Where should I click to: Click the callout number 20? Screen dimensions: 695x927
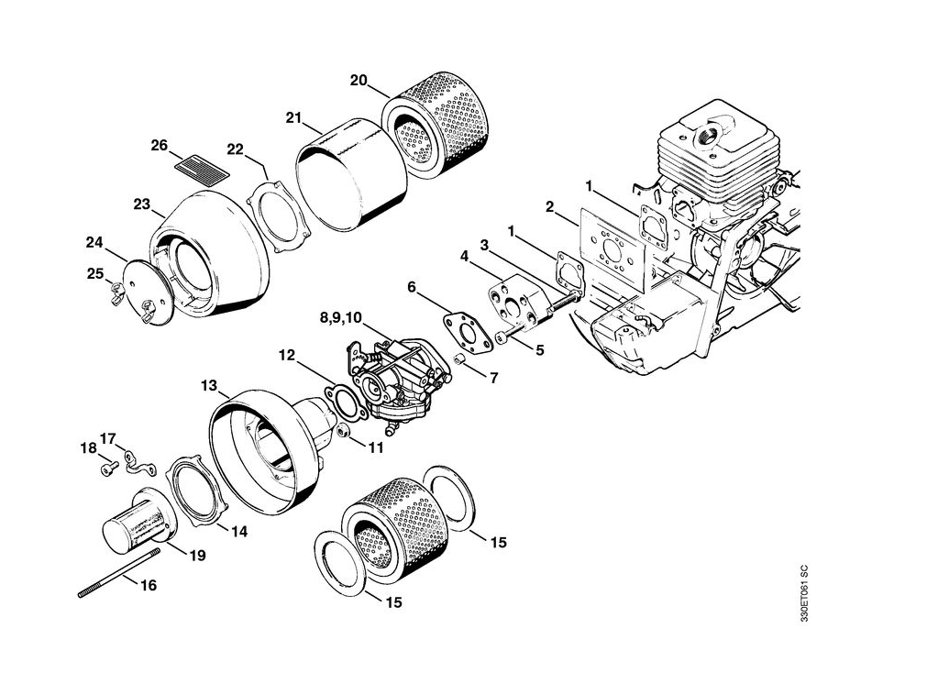(x=358, y=81)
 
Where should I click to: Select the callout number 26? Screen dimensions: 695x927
(x=160, y=145)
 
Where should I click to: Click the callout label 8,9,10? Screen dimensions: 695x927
(x=340, y=317)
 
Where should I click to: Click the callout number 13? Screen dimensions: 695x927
(x=209, y=386)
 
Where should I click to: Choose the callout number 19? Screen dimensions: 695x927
(x=197, y=555)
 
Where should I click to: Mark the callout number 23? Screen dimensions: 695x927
(x=141, y=205)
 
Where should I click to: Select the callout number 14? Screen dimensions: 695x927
(x=238, y=531)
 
